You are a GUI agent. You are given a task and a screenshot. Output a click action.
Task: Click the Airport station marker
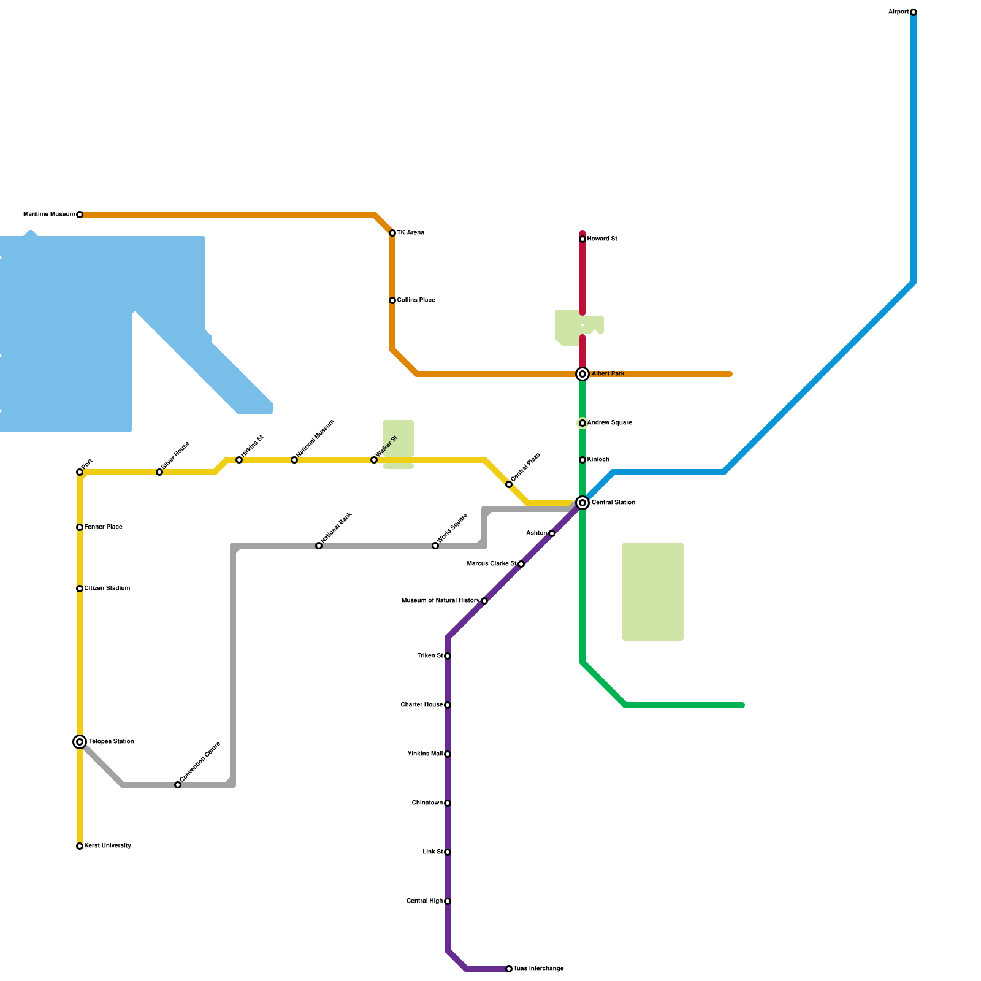coord(914,12)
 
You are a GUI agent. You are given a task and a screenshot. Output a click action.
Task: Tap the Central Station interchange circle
coord(582,503)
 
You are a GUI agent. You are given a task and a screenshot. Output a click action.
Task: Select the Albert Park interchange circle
coord(582,374)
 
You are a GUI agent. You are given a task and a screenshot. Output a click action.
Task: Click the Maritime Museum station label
coord(49,215)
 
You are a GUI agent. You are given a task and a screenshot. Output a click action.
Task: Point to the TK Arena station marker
coord(392,233)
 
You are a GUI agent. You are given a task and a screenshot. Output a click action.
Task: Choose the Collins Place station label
coord(416,300)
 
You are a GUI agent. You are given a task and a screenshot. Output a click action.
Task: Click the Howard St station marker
coord(582,239)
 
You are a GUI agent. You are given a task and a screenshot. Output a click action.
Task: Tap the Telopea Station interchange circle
coord(80,742)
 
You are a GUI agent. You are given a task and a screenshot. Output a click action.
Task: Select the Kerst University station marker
coord(80,846)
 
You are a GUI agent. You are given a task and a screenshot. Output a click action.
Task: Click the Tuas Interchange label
coord(538,969)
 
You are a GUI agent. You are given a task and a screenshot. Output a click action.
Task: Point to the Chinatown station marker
coord(448,803)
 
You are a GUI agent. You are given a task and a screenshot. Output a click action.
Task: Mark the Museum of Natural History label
coord(440,601)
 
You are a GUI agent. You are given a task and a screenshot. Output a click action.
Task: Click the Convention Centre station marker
coord(178,785)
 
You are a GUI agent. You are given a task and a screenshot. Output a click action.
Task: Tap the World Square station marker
coord(435,546)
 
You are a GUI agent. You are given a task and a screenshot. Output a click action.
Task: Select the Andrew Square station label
coord(609,423)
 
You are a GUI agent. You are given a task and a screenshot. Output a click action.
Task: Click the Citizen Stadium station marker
coord(80,589)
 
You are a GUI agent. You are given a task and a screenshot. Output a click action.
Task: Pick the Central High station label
coord(424,901)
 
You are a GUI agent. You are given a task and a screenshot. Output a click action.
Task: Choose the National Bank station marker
coord(319,546)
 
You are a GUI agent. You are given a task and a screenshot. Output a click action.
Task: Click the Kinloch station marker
coord(582,460)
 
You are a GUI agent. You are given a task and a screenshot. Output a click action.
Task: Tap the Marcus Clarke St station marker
coord(521,564)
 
